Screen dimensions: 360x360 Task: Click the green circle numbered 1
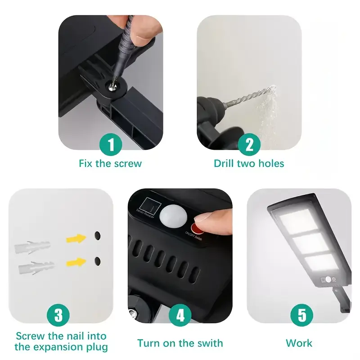[x=110, y=145]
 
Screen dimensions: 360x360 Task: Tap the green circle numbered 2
[x=249, y=145]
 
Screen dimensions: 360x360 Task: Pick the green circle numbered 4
[x=180, y=315]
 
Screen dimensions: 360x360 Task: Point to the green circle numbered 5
[x=299, y=315]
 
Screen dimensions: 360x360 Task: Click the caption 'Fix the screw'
[x=110, y=163]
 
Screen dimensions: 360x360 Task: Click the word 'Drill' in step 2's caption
[x=225, y=163]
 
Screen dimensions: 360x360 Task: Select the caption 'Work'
[x=299, y=343]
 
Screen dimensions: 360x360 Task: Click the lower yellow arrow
[x=76, y=262]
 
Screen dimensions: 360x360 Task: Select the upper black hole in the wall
[x=97, y=235]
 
